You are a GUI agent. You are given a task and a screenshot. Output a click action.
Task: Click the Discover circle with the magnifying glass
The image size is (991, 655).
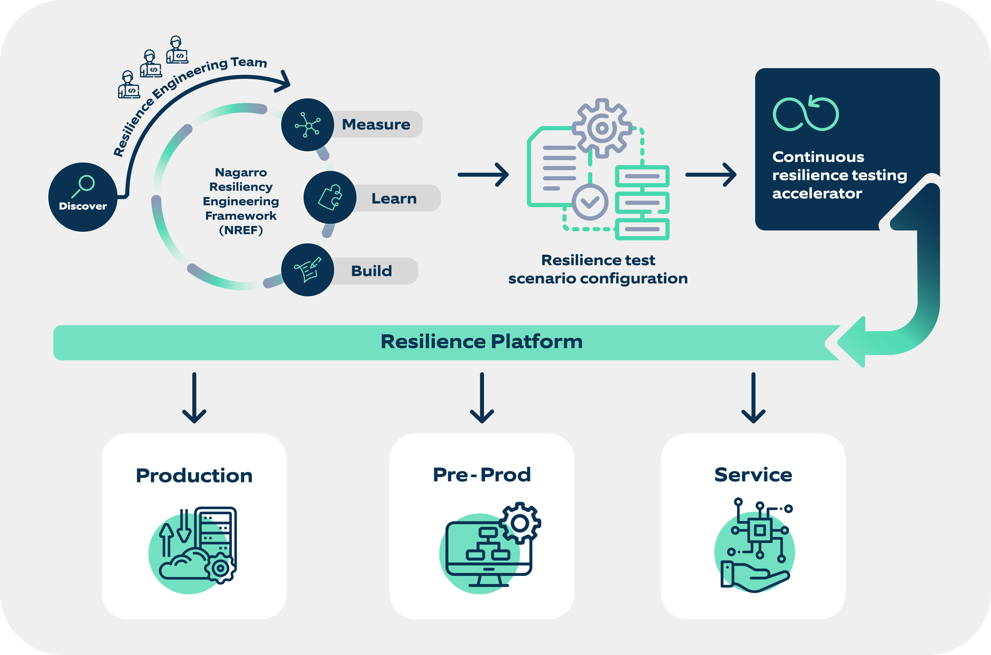click(83, 197)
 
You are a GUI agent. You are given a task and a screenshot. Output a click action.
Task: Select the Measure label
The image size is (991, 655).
click(376, 125)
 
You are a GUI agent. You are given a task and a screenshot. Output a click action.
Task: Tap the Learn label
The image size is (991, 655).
click(394, 198)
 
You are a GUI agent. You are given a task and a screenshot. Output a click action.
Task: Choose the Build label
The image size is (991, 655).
click(372, 271)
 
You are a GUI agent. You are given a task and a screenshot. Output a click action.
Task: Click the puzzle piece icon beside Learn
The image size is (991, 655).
click(330, 197)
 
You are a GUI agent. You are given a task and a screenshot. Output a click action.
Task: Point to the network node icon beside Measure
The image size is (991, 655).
click(308, 125)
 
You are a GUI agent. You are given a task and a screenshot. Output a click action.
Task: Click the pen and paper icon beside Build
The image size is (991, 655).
click(308, 270)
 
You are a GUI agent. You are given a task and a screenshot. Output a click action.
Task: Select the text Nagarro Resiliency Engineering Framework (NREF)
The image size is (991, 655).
click(241, 201)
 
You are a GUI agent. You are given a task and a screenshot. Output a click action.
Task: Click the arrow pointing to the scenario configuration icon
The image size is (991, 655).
click(483, 175)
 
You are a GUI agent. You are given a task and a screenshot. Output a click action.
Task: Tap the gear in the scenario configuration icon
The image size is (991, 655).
click(601, 128)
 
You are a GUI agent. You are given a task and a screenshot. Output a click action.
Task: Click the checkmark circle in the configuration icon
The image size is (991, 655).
click(590, 202)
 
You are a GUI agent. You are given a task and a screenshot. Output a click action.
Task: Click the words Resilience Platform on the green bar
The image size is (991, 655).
click(481, 342)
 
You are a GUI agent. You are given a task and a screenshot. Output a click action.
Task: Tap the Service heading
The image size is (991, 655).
click(753, 475)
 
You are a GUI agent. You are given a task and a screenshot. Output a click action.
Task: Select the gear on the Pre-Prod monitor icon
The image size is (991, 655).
click(520, 523)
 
